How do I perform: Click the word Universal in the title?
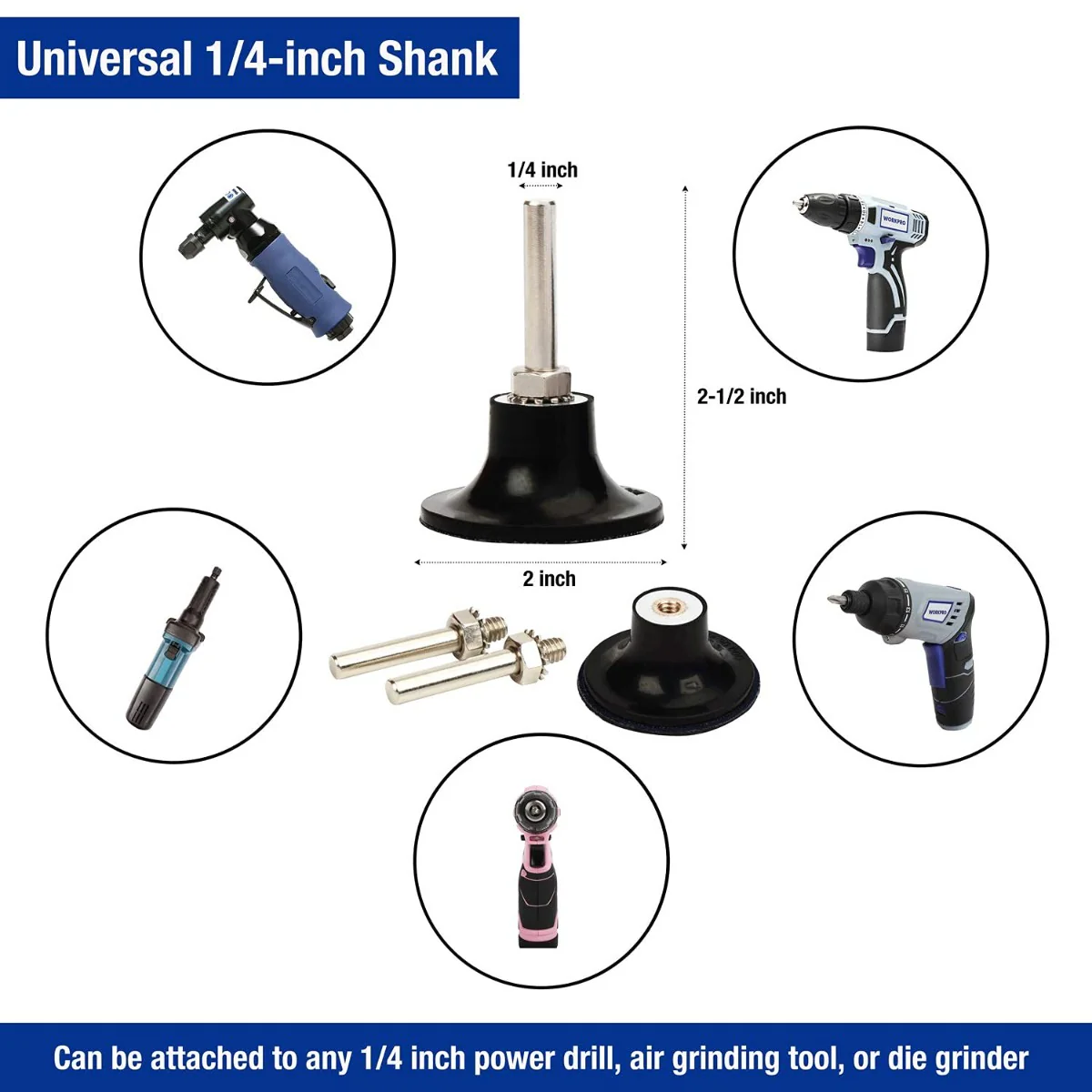(104, 59)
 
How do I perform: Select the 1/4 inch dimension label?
(542, 170)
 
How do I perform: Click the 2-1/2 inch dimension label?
(742, 396)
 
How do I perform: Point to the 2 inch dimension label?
(549, 579)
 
